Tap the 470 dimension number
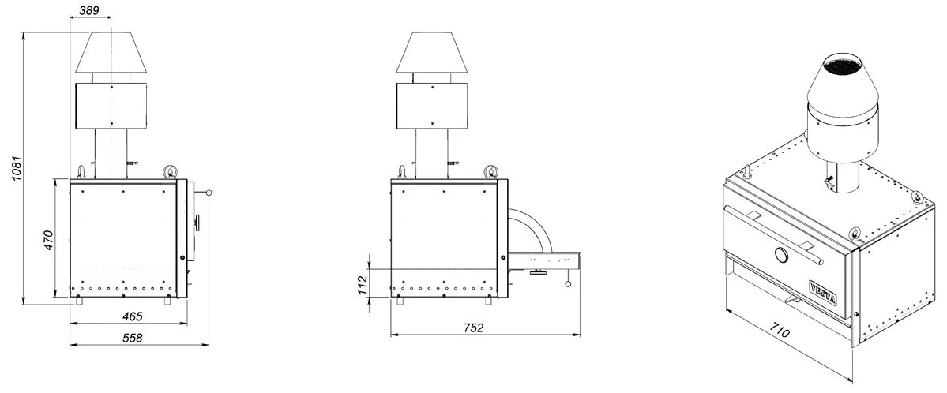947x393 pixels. coord(49,239)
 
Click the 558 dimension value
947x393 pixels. coord(132,338)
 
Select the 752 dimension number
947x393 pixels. coord(474,327)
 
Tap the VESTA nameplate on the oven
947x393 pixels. coord(822,291)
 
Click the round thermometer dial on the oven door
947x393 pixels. coord(781,256)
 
